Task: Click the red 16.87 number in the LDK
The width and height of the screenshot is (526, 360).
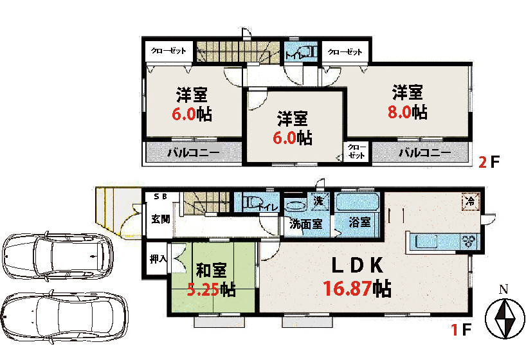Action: (347, 289)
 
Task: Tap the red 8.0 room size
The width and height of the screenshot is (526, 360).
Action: (399, 112)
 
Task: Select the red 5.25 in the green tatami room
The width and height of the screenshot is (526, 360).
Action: (202, 289)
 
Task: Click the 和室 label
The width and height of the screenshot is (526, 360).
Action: (212, 270)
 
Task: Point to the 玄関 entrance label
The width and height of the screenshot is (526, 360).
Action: (160, 219)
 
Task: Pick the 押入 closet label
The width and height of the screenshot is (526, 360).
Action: (158, 258)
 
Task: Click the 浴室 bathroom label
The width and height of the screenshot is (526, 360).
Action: (359, 222)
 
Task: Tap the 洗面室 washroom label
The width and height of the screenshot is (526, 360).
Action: (305, 224)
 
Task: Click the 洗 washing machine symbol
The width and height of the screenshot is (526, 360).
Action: (318, 201)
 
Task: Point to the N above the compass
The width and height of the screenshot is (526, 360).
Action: (504, 289)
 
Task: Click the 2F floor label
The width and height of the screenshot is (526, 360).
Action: (489, 163)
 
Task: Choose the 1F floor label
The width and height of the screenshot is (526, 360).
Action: (462, 330)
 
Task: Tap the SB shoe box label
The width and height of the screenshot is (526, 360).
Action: (160, 197)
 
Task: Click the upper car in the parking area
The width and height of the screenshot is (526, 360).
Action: (58, 255)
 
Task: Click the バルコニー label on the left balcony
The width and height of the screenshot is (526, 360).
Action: (194, 152)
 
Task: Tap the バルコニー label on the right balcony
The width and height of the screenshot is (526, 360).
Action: (424, 152)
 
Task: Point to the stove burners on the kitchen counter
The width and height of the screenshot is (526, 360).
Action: (469, 241)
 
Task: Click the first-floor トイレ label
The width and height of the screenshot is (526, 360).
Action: (268, 208)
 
